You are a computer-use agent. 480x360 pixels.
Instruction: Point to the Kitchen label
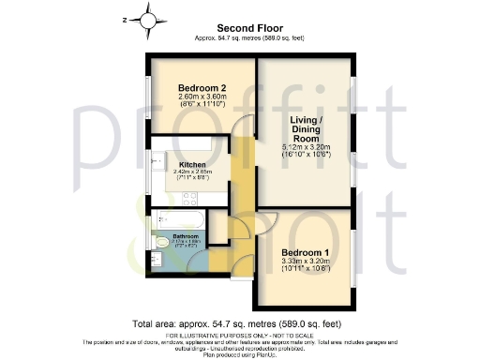(192, 163)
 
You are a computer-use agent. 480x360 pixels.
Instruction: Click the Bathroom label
(186, 235)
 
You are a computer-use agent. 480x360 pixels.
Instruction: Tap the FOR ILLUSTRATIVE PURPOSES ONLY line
(240, 335)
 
